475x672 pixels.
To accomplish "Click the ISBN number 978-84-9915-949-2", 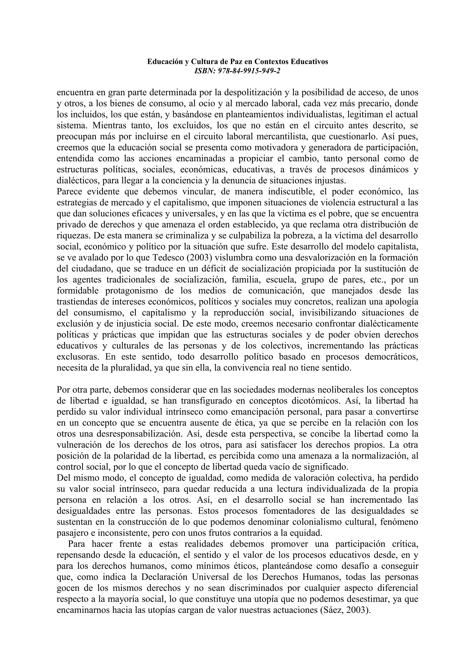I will [x=249, y=71].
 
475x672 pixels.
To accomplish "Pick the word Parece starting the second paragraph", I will [x=70, y=192].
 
